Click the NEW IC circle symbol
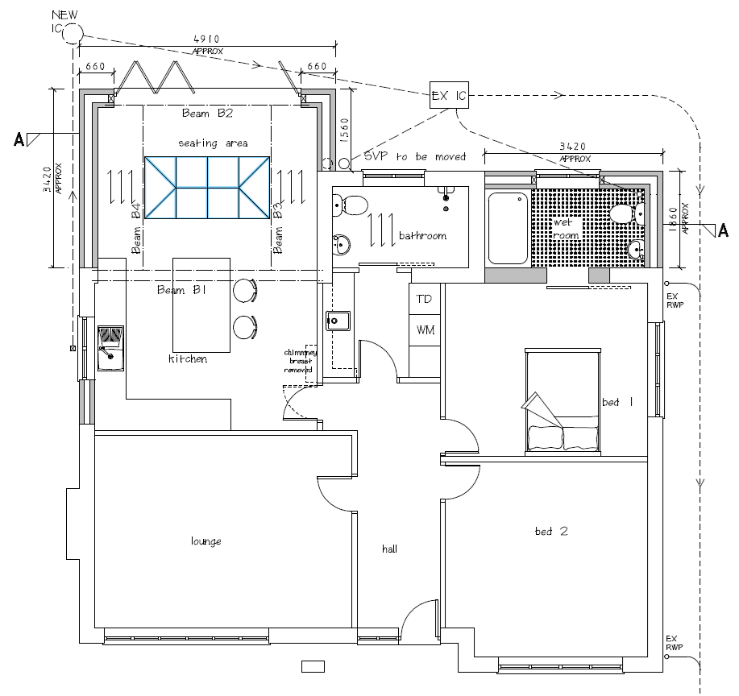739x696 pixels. (73, 34)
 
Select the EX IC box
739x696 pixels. (449, 95)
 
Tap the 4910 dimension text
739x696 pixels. (207, 39)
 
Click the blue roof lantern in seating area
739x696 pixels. (207, 188)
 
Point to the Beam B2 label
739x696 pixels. (207, 113)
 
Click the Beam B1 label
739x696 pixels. (182, 290)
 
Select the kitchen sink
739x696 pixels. (110, 348)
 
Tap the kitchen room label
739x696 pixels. (188, 359)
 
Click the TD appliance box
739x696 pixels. (424, 299)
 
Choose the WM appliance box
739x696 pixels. (424, 329)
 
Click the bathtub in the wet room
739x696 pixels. (508, 228)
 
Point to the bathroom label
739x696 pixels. (423, 235)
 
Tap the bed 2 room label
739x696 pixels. (551, 532)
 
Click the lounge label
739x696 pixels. (206, 541)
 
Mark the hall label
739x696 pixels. (390, 549)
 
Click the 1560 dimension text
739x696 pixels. (344, 130)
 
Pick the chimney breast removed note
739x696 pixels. (300, 361)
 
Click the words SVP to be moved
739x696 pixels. (415, 156)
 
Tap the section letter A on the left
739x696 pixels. (19, 139)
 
